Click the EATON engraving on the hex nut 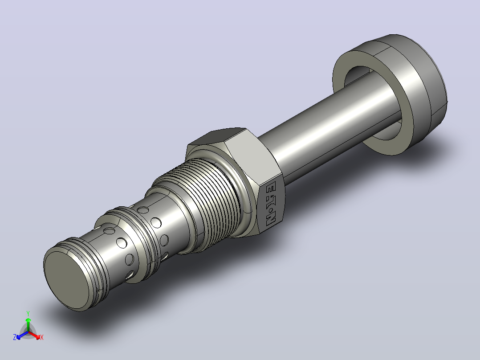point(271,204)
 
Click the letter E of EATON point(271,187)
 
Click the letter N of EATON point(271,221)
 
